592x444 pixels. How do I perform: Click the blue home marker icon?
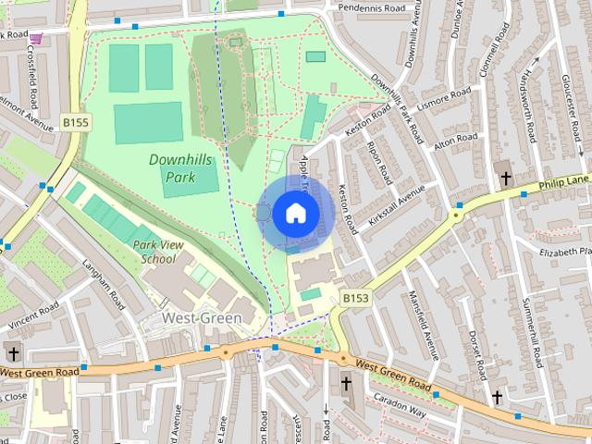[294, 213]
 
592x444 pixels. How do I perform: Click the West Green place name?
[202, 317]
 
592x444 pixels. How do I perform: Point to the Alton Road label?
[455, 140]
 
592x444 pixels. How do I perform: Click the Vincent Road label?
[35, 315]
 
